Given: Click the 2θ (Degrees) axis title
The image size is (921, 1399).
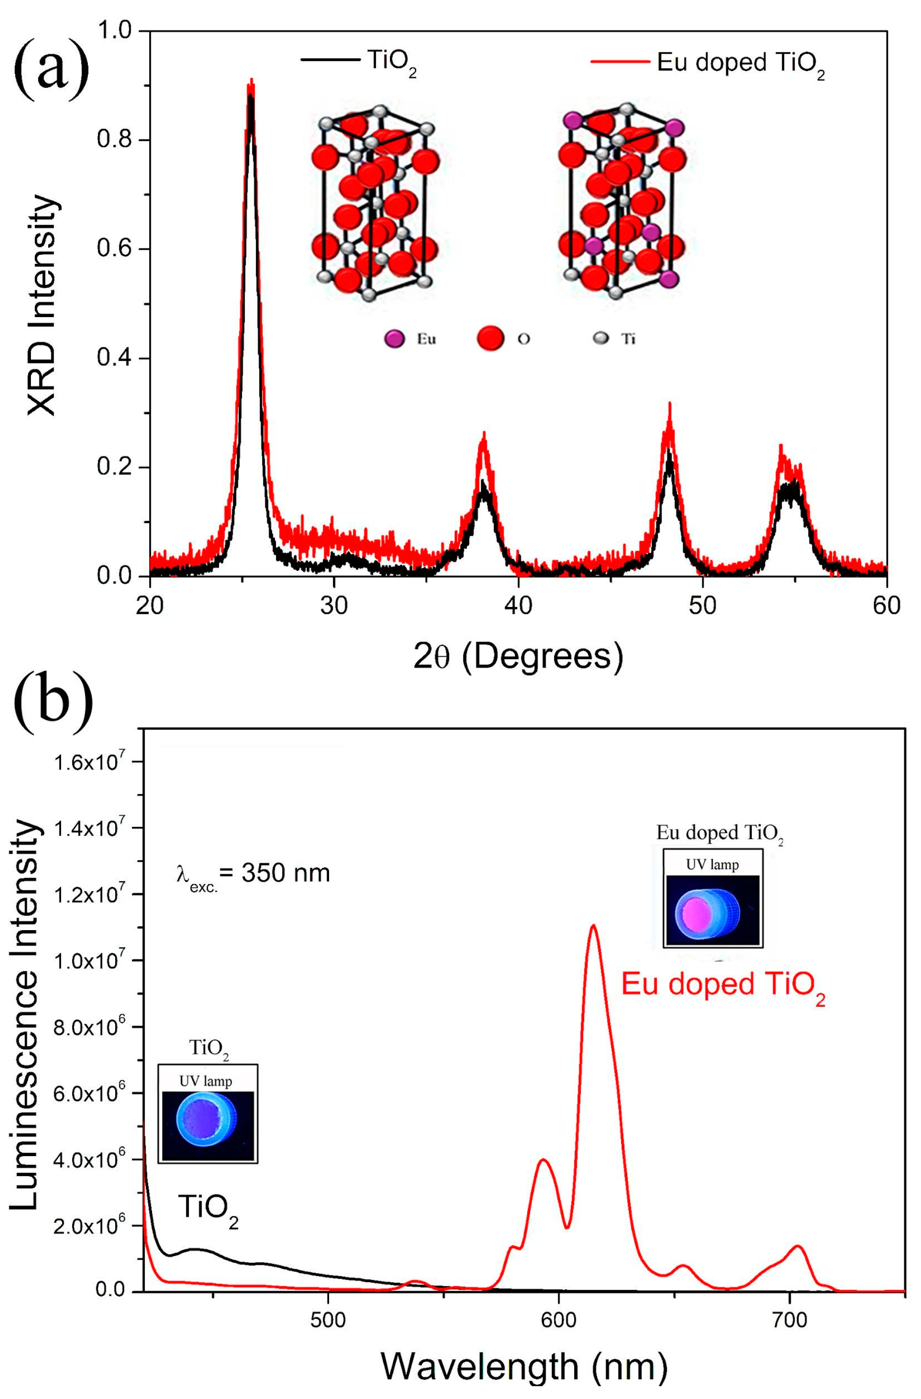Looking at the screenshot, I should (517, 657).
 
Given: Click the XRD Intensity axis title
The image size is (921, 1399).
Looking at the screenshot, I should (42, 305).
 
